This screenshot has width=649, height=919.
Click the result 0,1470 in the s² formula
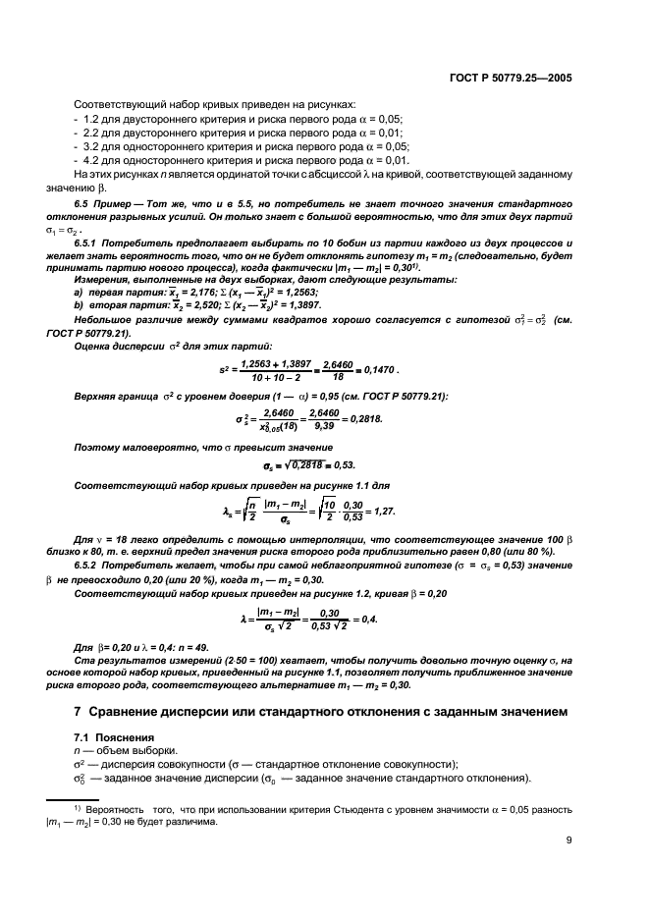(378, 369)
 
